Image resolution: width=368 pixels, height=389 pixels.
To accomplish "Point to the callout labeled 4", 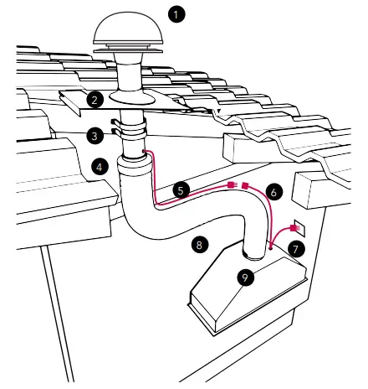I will click(100, 167).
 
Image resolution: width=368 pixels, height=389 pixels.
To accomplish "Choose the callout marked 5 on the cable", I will click(180, 190).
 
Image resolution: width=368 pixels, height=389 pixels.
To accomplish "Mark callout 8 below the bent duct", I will click(198, 245).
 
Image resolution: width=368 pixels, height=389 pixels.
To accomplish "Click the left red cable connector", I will click(231, 184).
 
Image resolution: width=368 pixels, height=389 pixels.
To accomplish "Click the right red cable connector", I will click(244, 184).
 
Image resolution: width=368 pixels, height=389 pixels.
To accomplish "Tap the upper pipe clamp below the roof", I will click(131, 125).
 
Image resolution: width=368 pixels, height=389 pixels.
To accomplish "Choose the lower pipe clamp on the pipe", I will click(131, 135).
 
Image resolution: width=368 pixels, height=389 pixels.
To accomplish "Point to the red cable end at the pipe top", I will click(145, 152).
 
